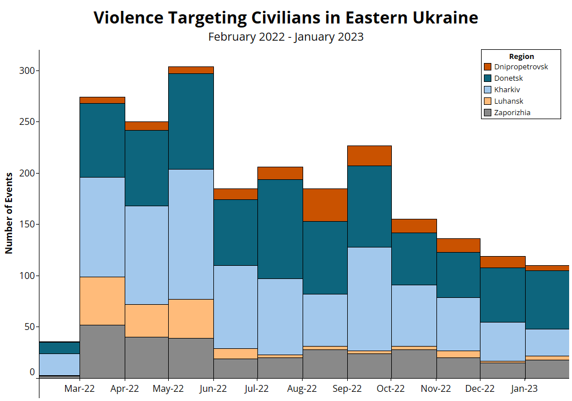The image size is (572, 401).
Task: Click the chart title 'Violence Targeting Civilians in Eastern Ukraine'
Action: [x=285, y=18]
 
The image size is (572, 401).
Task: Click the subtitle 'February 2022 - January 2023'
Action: [x=285, y=37]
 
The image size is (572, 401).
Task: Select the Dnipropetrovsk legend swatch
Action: [x=487, y=67]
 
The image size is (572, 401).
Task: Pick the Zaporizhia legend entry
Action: [x=512, y=113]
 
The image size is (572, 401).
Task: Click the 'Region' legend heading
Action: [x=521, y=56]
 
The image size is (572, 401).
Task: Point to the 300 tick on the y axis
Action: [x=27, y=70]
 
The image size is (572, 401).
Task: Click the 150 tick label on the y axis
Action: [x=27, y=224]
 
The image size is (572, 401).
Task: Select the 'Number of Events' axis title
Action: [x=9, y=213]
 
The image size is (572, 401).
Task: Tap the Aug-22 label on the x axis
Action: [x=302, y=388]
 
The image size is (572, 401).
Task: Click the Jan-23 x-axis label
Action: [x=524, y=388]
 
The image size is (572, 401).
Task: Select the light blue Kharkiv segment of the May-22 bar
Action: [x=191, y=234]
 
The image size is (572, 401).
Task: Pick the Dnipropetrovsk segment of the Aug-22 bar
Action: [x=325, y=205]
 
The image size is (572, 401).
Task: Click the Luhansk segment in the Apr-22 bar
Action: [x=146, y=320]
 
